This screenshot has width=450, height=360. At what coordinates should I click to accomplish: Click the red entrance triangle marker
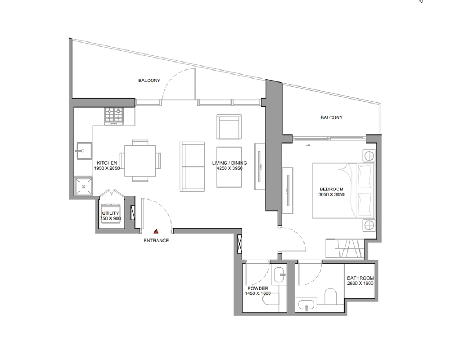pyautogui.click(x=156, y=231)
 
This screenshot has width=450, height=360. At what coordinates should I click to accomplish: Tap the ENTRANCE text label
pyautogui.click(x=156, y=241)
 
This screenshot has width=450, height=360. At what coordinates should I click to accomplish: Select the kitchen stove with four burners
pyautogui.click(x=114, y=116)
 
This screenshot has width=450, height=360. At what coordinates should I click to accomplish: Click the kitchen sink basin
pyautogui.click(x=84, y=151)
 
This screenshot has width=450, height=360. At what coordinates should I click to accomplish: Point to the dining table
pyautogui.click(x=140, y=161)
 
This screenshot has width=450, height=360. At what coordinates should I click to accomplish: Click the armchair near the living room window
pyautogui.click(x=229, y=126)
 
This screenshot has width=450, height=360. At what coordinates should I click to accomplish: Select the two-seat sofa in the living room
pyautogui.click(x=192, y=166)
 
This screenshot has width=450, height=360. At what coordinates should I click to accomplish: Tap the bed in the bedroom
pyautogui.click(x=343, y=191)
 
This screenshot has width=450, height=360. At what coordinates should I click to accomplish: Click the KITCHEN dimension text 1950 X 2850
pyautogui.click(x=107, y=168)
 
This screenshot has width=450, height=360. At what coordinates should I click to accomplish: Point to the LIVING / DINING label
pyautogui.click(x=229, y=163)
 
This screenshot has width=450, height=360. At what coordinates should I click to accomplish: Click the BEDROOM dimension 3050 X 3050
pyautogui.click(x=332, y=195)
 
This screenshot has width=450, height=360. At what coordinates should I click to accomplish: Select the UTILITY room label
pyautogui.click(x=111, y=213)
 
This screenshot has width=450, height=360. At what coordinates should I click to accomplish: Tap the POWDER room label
pyautogui.click(x=258, y=288)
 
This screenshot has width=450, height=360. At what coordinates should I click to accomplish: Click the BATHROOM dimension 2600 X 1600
pyautogui.click(x=360, y=283)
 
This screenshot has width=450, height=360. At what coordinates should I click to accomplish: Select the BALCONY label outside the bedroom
pyautogui.click(x=332, y=117)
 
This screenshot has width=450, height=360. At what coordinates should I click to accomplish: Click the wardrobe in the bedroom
pyautogui.click(x=345, y=248)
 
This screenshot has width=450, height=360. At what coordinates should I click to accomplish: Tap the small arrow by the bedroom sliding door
pyautogui.click(x=308, y=145)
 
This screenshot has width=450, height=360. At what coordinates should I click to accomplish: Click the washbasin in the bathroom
pyautogui.click(x=306, y=305)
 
